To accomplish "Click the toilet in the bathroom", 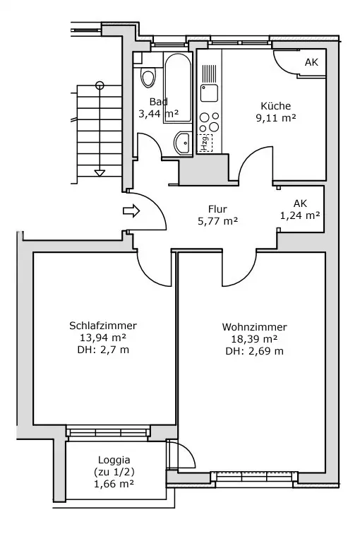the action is (148, 78).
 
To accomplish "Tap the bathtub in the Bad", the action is (178, 88).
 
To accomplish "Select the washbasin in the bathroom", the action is (184, 143).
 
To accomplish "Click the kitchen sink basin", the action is (209, 93).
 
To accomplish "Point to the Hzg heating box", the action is (205, 143).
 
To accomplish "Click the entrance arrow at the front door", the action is (131, 210).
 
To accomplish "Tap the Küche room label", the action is (275, 106).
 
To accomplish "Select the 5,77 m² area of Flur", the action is (218, 221).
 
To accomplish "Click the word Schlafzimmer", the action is (103, 326).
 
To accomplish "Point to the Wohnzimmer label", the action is (255, 327).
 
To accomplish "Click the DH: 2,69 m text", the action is (255, 351).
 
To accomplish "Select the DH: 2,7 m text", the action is (103, 350).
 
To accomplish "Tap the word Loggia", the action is (114, 460).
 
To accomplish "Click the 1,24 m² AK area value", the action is (300, 215).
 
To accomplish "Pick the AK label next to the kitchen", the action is (312, 62).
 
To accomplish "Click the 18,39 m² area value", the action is (255, 339).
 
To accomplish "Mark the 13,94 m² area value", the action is (103, 338).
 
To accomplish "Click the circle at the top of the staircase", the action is (100, 85).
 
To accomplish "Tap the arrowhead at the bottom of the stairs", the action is (100, 173).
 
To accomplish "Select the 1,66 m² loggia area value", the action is (114, 484).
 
